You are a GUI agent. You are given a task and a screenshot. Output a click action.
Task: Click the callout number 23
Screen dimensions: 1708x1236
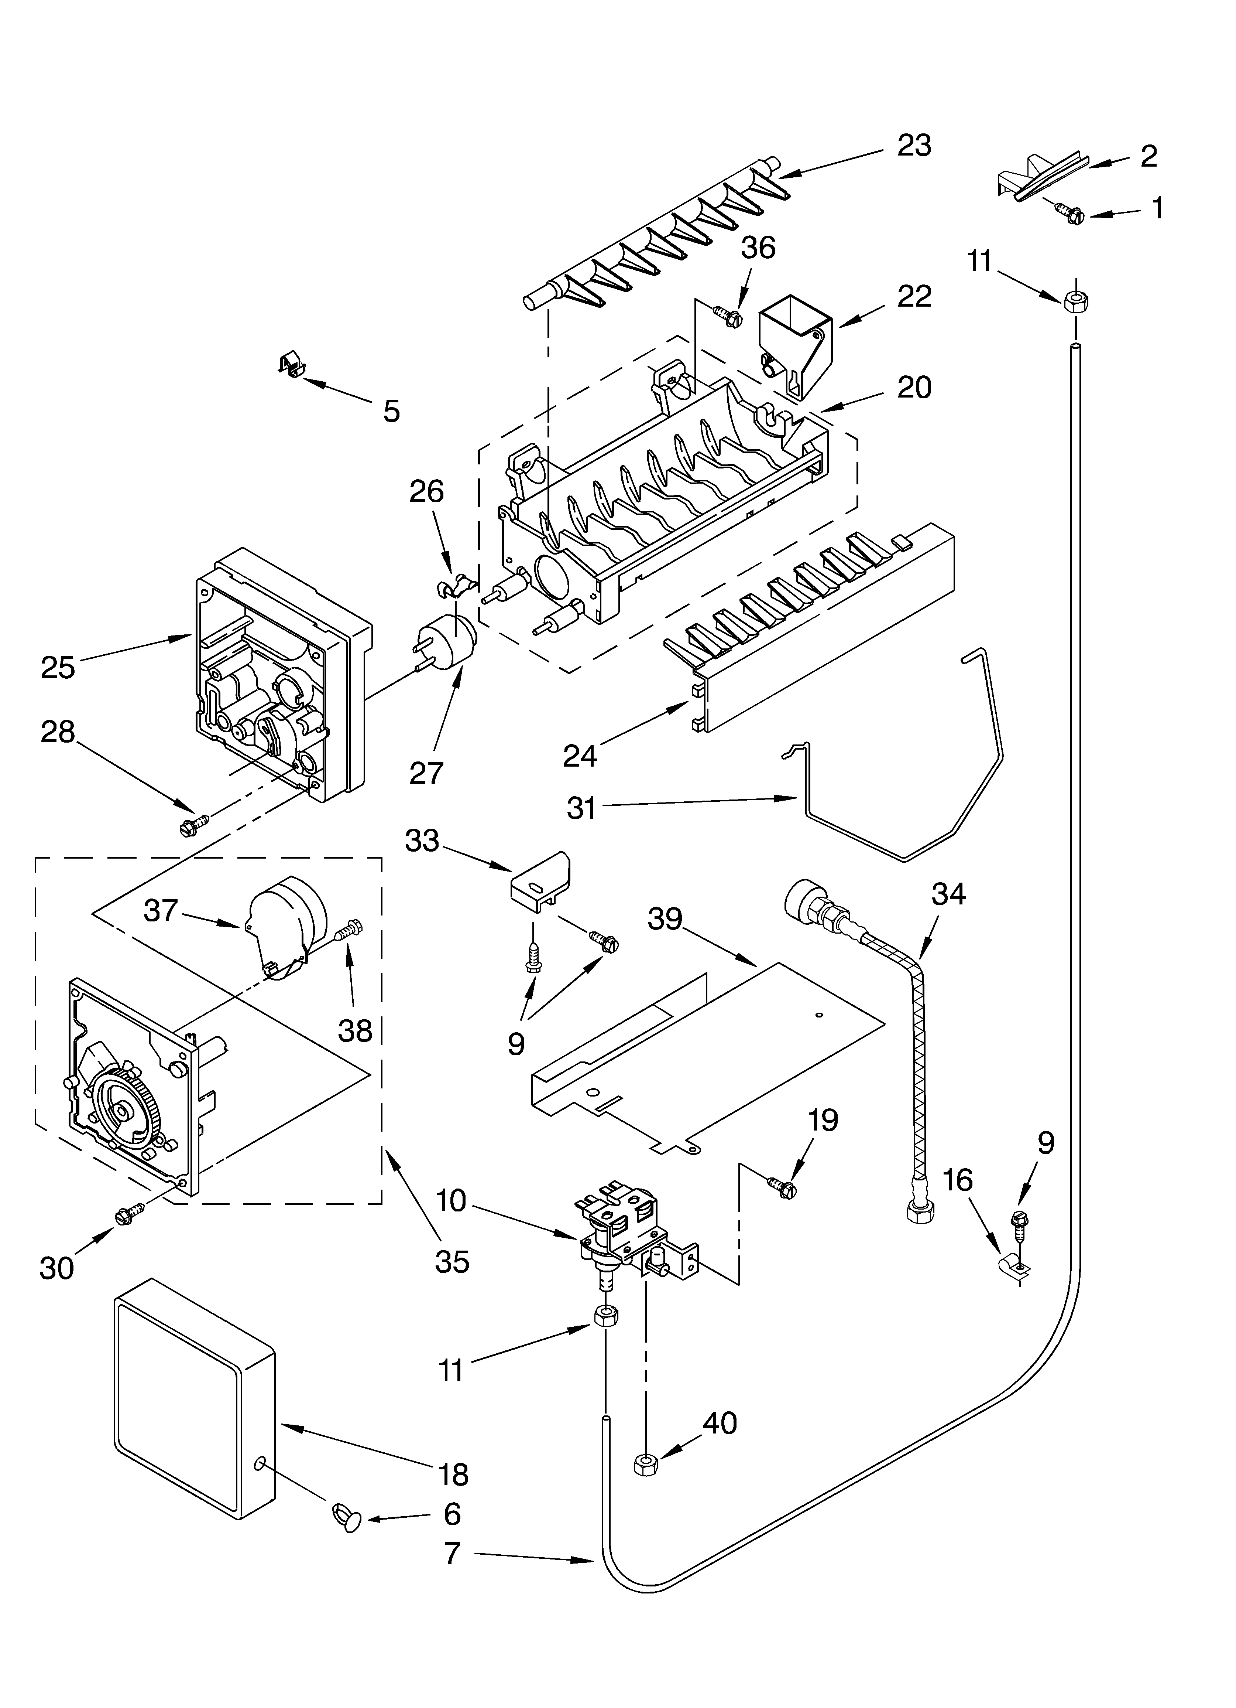pyautogui.click(x=914, y=145)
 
